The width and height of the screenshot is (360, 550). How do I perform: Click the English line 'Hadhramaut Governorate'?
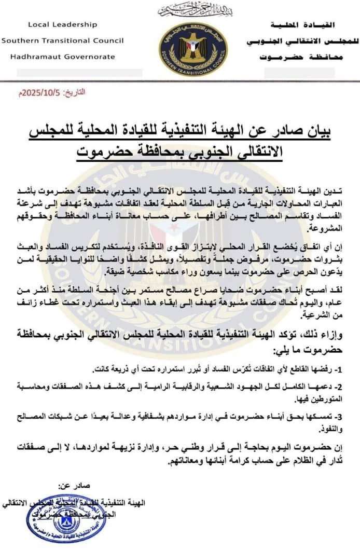tap(59, 57)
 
